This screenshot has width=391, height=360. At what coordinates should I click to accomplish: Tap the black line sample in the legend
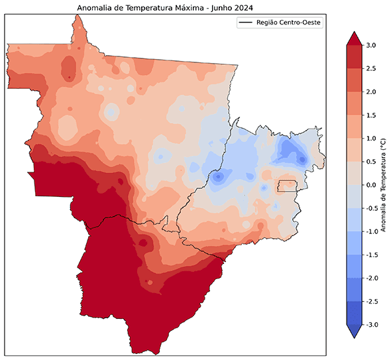(247, 23)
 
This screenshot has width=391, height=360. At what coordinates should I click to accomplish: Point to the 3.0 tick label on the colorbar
(370, 45)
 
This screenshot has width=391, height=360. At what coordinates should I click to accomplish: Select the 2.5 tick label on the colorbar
(370, 68)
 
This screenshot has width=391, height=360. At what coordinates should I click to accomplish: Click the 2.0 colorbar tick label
(370, 91)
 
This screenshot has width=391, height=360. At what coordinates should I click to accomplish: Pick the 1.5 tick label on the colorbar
(370, 115)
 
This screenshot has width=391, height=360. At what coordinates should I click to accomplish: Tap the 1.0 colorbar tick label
(370, 138)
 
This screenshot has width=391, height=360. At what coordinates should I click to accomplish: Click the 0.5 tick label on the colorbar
(370, 161)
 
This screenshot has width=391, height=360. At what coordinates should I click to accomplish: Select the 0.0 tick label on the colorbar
(370, 185)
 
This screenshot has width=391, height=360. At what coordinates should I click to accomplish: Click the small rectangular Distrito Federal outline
(286, 186)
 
